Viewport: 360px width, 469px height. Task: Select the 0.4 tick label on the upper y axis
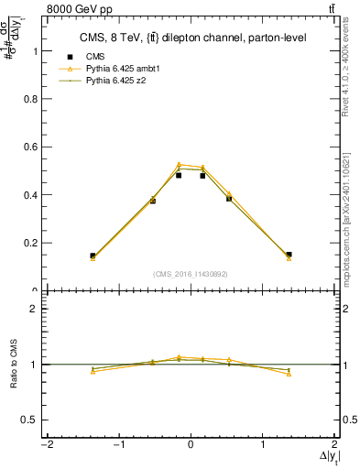[x=31, y=195]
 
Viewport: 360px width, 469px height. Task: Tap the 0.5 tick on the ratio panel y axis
[x=32, y=420]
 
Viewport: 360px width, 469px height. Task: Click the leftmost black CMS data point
[x=93, y=256]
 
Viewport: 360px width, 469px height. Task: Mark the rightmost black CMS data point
[x=289, y=255]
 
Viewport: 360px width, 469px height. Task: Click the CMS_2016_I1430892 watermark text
[x=191, y=273]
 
